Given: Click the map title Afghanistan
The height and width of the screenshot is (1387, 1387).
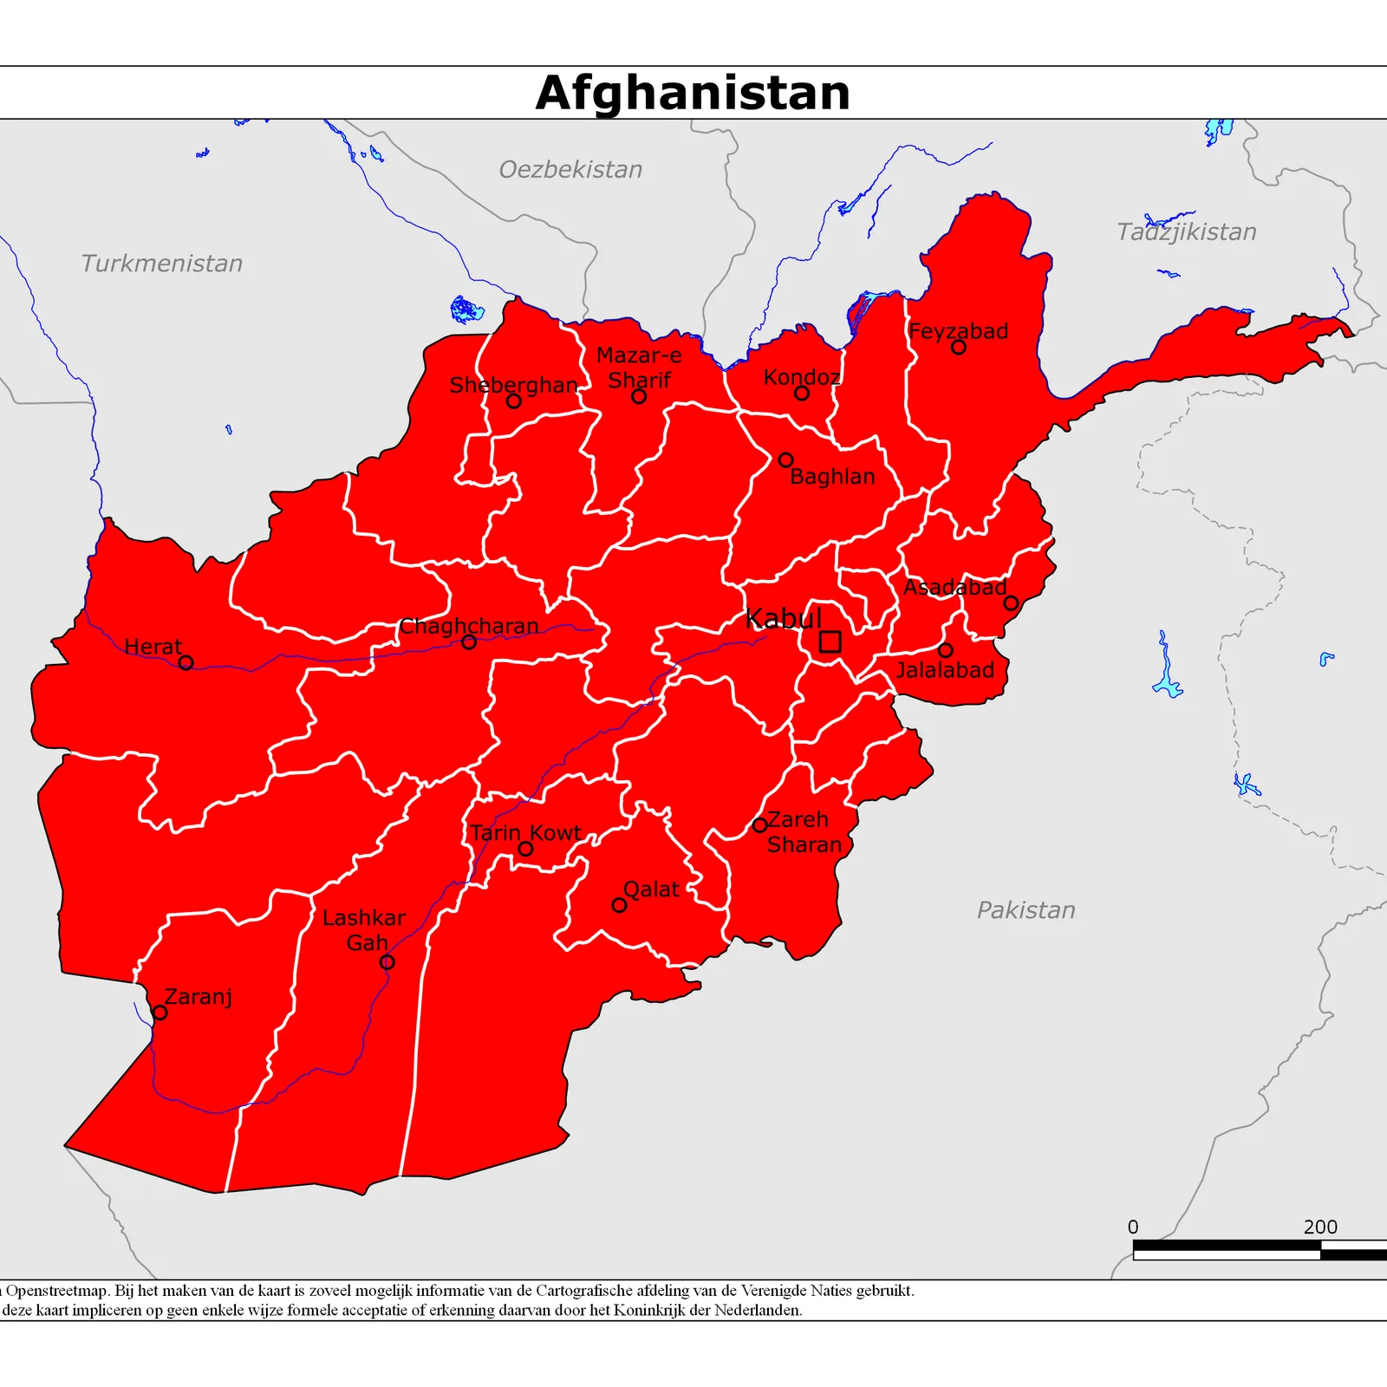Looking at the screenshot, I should [693, 93].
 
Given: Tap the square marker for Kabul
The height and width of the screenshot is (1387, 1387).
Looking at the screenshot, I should [830, 641].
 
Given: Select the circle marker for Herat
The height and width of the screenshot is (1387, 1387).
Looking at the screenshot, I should [186, 663].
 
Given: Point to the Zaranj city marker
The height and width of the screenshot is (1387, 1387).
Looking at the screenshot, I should [160, 1013].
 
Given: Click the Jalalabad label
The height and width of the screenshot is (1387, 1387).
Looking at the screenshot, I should [945, 670].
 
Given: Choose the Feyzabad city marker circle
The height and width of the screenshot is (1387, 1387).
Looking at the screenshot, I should [958, 347].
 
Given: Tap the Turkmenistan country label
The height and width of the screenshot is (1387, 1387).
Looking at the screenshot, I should [162, 264].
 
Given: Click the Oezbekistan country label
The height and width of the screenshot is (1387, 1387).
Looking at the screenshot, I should [570, 170].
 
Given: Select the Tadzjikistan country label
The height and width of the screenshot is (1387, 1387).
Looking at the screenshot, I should [1186, 232].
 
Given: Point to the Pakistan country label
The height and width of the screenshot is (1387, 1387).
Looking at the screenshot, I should [1026, 910].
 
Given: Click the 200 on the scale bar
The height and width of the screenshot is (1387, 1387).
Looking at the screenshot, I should [1319, 1227].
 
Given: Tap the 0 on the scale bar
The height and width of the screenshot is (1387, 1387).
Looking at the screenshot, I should [1133, 1227].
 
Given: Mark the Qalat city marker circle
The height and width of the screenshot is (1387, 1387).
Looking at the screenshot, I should [619, 905].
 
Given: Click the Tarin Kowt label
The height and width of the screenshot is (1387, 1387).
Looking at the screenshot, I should [525, 833].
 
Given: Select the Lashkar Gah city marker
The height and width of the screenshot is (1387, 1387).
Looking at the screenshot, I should [387, 962].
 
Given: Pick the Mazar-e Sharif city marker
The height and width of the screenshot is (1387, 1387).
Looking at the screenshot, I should [639, 396].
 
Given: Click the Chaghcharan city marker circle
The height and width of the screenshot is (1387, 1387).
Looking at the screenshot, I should [469, 642].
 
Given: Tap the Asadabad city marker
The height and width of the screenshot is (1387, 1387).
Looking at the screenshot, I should [1011, 602].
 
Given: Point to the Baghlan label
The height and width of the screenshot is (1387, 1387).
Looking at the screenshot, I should [832, 477].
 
